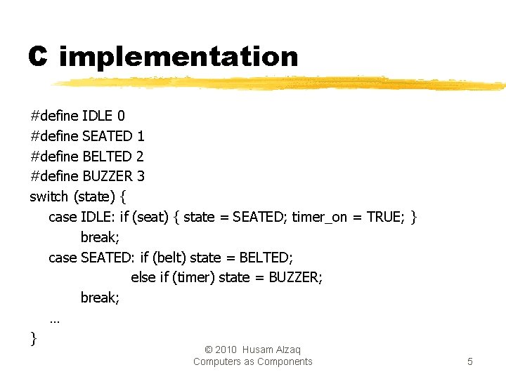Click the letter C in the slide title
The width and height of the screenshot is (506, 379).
pyautogui.click(x=37, y=56)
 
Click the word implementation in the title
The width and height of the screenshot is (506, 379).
pyautogui.click(x=179, y=57)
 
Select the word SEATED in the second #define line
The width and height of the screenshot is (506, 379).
pyautogui.click(x=107, y=135)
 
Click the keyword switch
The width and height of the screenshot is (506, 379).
pyautogui.click(x=48, y=197)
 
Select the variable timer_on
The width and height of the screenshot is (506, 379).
pyautogui.click(x=320, y=217)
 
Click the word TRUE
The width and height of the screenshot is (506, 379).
pyautogui.click(x=384, y=217)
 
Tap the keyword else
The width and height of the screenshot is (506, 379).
pyautogui.click(x=143, y=277)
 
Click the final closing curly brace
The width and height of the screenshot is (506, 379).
pyautogui.click(x=34, y=339)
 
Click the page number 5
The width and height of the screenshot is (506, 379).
pyautogui.click(x=469, y=361)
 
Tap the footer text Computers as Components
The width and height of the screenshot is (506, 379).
pyautogui.click(x=253, y=361)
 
